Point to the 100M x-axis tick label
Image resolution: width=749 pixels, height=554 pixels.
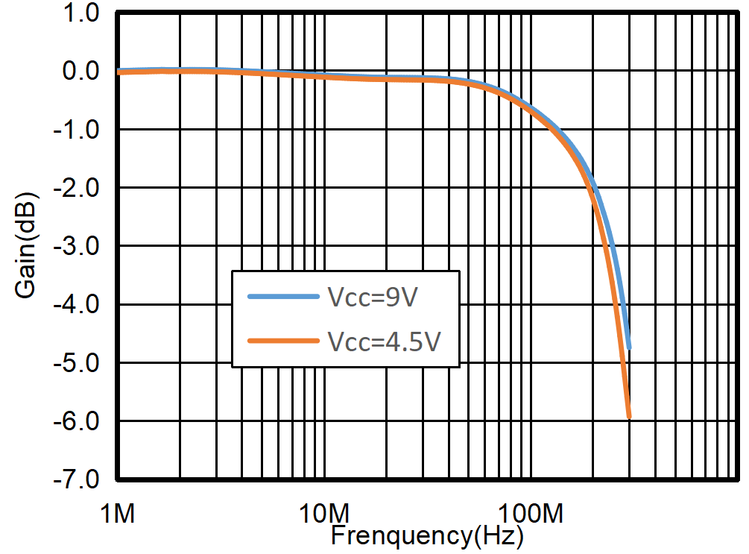530,513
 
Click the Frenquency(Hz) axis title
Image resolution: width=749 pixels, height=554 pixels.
426,535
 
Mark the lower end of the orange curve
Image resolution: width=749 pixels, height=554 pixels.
629,418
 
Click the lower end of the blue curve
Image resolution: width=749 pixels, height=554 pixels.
629,347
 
